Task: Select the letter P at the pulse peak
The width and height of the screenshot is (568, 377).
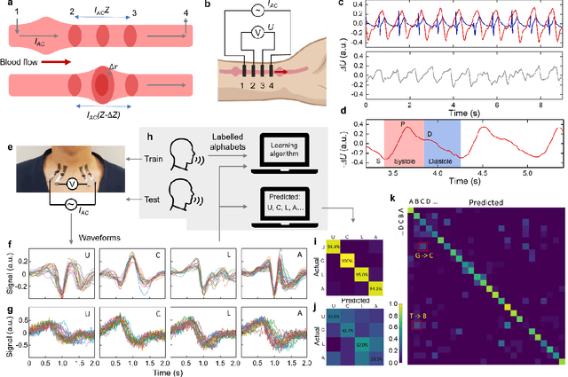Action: (401, 125)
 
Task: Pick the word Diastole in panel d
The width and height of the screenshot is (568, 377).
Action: (440, 161)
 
